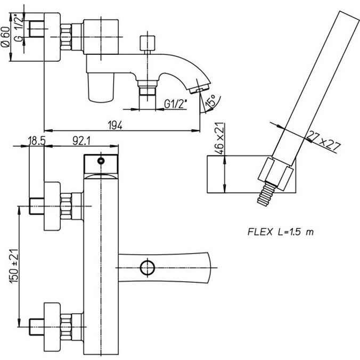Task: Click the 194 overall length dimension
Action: click(116, 125)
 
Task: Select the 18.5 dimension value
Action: click(36, 142)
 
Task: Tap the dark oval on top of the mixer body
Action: click(101, 160)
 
